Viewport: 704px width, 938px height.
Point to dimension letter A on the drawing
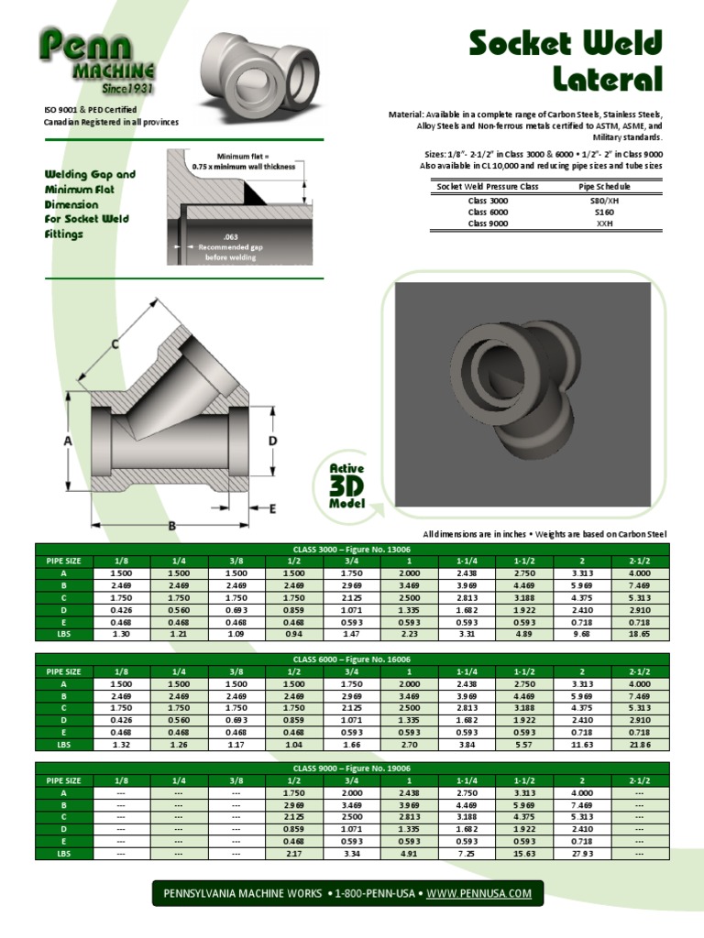[x=68, y=441]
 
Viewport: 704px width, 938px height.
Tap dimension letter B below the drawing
[x=171, y=525]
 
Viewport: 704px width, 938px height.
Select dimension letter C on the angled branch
[x=115, y=344]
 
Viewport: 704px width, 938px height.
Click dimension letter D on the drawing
[x=272, y=442]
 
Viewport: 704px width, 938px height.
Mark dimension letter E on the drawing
[x=272, y=507]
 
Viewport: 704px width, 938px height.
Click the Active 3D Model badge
[x=347, y=485]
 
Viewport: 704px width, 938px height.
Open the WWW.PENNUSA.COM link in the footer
[x=479, y=893]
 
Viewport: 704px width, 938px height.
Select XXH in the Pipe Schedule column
[x=604, y=223]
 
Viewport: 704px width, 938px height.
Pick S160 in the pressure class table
[x=604, y=212]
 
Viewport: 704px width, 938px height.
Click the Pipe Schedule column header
[x=604, y=187]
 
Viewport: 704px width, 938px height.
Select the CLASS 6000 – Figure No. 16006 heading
[x=352, y=660]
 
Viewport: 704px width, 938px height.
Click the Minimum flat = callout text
[x=243, y=157]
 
